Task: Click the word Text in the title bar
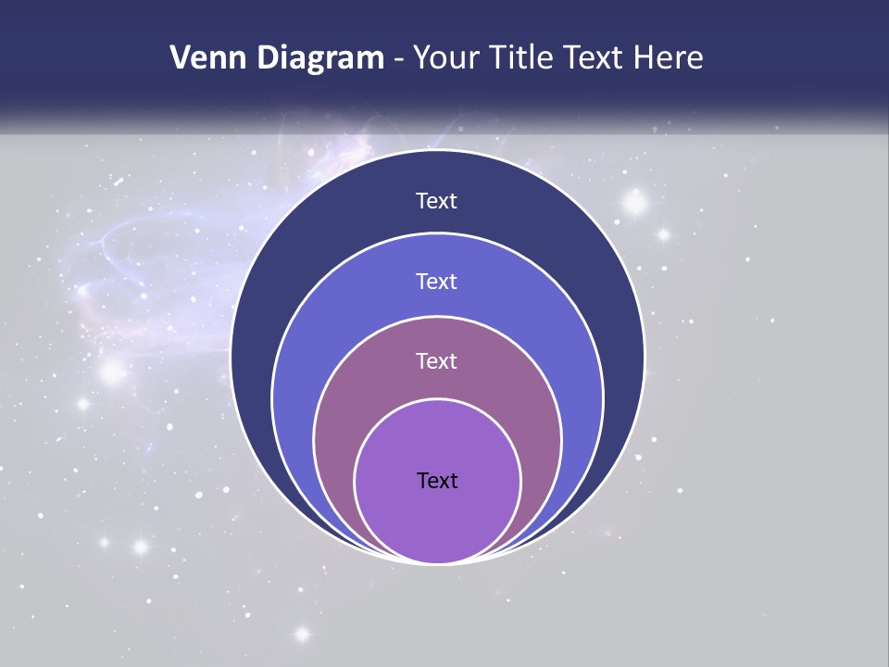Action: [x=595, y=58]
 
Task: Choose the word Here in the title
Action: [x=668, y=58]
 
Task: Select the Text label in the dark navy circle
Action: [x=437, y=201]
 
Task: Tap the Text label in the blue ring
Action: [x=437, y=281]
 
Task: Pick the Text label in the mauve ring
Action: [x=437, y=361]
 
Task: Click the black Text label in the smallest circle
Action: [x=437, y=481]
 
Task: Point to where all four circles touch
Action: [x=438, y=563]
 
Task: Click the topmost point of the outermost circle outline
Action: [x=438, y=150]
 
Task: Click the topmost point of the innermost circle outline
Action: [x=438, y=399]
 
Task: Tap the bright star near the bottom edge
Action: [x=302, y=635]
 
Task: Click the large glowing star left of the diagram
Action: [x=112, y=372]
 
